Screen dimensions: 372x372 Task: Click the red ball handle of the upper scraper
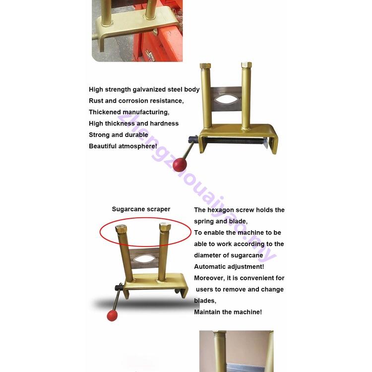click(x=180, y=164)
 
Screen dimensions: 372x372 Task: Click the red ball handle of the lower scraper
click(x=113, y=315)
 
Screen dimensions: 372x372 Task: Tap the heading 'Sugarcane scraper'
click(x=141, y=209)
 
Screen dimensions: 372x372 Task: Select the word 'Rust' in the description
click(x=96, y=101)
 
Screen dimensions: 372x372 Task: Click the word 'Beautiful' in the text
click(x=103, y=146)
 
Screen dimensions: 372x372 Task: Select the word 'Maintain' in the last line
click(x=208, y=312)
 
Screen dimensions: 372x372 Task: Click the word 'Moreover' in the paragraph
click(x=210, y=278)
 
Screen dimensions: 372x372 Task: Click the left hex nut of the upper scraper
click(x=205, y=66)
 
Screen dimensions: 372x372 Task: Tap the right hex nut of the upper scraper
click(x=246, y=65)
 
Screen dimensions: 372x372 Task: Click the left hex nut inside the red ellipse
click(x=121, y=229)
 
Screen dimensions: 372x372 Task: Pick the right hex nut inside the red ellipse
click(x=165, y=227)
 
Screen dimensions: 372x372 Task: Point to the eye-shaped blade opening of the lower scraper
click(x=144, y=258)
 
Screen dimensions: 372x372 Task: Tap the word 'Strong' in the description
click(x=99, y=135)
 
